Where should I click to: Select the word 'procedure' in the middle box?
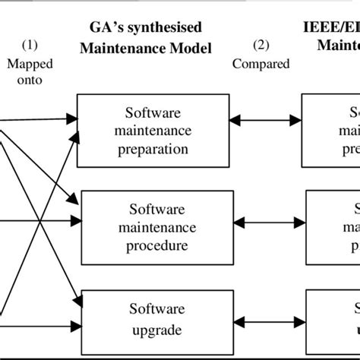point(157,245)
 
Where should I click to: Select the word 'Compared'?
point(261,64)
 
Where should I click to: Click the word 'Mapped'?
point(30,64)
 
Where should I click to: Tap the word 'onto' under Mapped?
point(30,78)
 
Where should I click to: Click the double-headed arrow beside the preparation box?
point(265,119)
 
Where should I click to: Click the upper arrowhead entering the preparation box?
point(72,118)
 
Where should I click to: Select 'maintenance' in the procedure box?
point(157,227)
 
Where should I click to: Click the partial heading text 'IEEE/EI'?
point(328,28)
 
